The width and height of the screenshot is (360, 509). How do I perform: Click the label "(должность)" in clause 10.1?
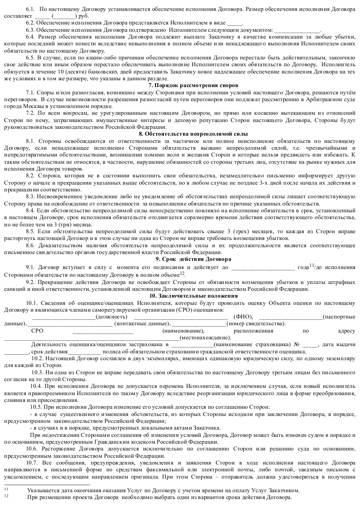click(x=112, y=317)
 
